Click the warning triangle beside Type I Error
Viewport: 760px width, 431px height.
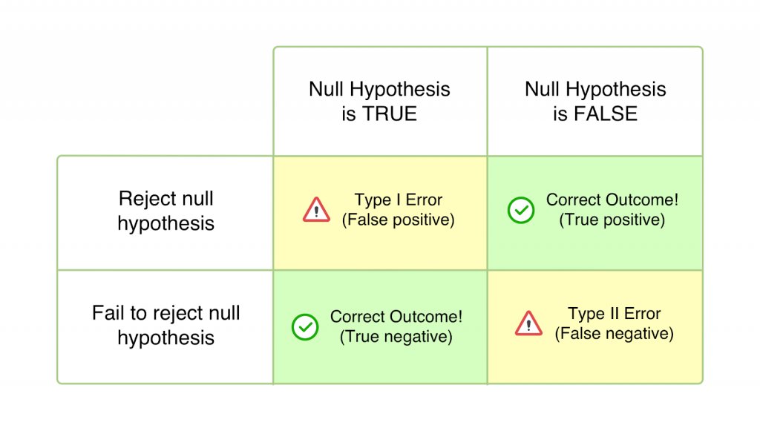pyautogui.click(x=316, y=210)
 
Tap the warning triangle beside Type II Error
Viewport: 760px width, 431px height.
pyautogui.click(x=528, y=323)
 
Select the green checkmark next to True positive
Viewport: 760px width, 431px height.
pyautogui.click(x=520, y=210)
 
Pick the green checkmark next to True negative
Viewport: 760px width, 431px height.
pyautogui.click(x=304, y=326)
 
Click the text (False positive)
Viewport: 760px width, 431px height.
pyautogui.click(x=398, y=220)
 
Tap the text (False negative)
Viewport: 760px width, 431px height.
pyautogui.click(x=614, y=334)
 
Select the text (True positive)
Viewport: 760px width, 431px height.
pyautogui.click(x=612, y=220)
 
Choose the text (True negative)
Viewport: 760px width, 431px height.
pyautogui.click(x=396, y=337)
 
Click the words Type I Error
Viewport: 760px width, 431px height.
pyautogui.click(x=398, y=200)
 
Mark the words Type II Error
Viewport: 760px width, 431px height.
pyautogui.click(x=614, y=314)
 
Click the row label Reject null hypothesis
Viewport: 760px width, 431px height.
pyautogui.click(x=166, y=211)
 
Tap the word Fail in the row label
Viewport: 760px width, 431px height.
pyautogui.click(x=108, y=313)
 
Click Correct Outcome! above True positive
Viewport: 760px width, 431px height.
pyautogui.click(x=612, y=200)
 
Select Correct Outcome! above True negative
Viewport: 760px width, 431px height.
pyautogui.click(x=396, y=317)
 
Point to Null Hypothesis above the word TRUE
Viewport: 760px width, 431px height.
pyautogui.click(x=379, y=90)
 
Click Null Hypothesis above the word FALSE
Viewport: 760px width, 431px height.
pyautogui.click(x=595, y=90)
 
